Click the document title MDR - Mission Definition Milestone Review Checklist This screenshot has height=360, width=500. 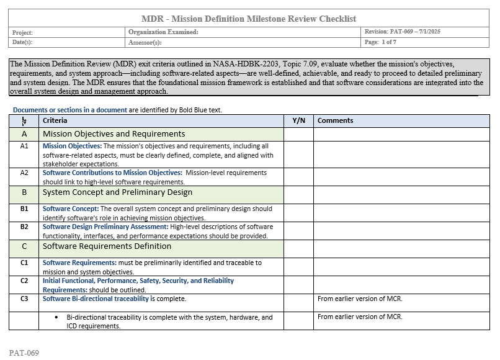tap(249, 19)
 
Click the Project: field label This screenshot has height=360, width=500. tap(22, 32)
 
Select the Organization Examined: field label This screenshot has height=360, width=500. tap(163, 32)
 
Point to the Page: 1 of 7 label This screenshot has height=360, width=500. tap(380, 42)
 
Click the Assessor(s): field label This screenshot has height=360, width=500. tap(145, 43)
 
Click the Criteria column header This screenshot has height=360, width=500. tap(55, 120)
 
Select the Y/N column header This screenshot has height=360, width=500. tap(298, 120)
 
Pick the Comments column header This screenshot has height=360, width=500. tap(335, 120)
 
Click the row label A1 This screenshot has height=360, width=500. tap(24, 146)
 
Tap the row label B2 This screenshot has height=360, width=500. tap(24, 227)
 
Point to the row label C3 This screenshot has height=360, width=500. tap(24, 299)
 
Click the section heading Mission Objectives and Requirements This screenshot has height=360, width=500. tap(114, 133)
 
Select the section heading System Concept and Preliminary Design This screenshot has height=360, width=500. tap(117, 192)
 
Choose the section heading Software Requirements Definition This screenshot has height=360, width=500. tap(107, 246)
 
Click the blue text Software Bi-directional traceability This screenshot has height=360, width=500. tap(96, 299)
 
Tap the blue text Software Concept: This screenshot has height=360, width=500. tap(70, 209)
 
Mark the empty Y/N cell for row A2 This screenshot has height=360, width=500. tap(298, 177)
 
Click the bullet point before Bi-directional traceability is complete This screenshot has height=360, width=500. tap(58, 317)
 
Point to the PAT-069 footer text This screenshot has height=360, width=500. tap(24, 353)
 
